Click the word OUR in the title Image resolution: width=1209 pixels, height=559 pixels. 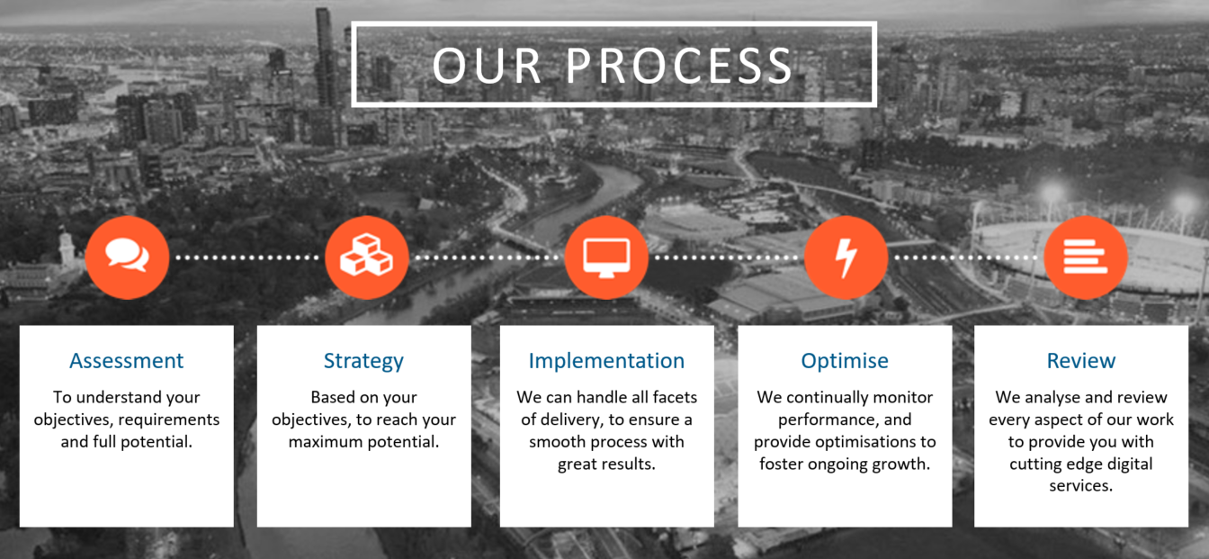(x=487, y=66)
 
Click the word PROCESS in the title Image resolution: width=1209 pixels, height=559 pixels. (x=679, y=66)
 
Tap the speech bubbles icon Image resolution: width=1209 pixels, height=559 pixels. (x=128, y=255)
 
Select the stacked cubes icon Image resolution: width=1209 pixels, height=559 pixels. (x=366, y=255)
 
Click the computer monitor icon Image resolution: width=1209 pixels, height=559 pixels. (x=606, y=257)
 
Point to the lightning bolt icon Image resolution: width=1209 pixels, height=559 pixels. (x=846, y=257)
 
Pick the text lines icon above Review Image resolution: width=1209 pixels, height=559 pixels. (x=1086, y=257)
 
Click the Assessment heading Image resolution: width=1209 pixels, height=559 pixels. (x=126, y=361)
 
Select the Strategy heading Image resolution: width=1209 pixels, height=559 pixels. (x=363, y=361)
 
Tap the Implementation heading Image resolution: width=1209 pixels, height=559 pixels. (x=606, y=361)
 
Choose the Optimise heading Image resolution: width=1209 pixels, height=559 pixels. (x=845, y=361)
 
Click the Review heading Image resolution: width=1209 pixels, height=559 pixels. (x=1081, y=361)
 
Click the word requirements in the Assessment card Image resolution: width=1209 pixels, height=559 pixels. (x=169, y=420)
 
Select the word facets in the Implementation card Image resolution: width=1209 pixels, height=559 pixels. (x=675, y=397)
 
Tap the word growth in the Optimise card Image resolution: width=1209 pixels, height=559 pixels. (x=903, y=464)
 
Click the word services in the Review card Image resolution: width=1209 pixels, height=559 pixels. (x=1080, y=485)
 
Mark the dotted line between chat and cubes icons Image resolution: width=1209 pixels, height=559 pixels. (x=247, y=257)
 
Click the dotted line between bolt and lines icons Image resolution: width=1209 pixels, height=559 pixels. (x=965, y=257)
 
